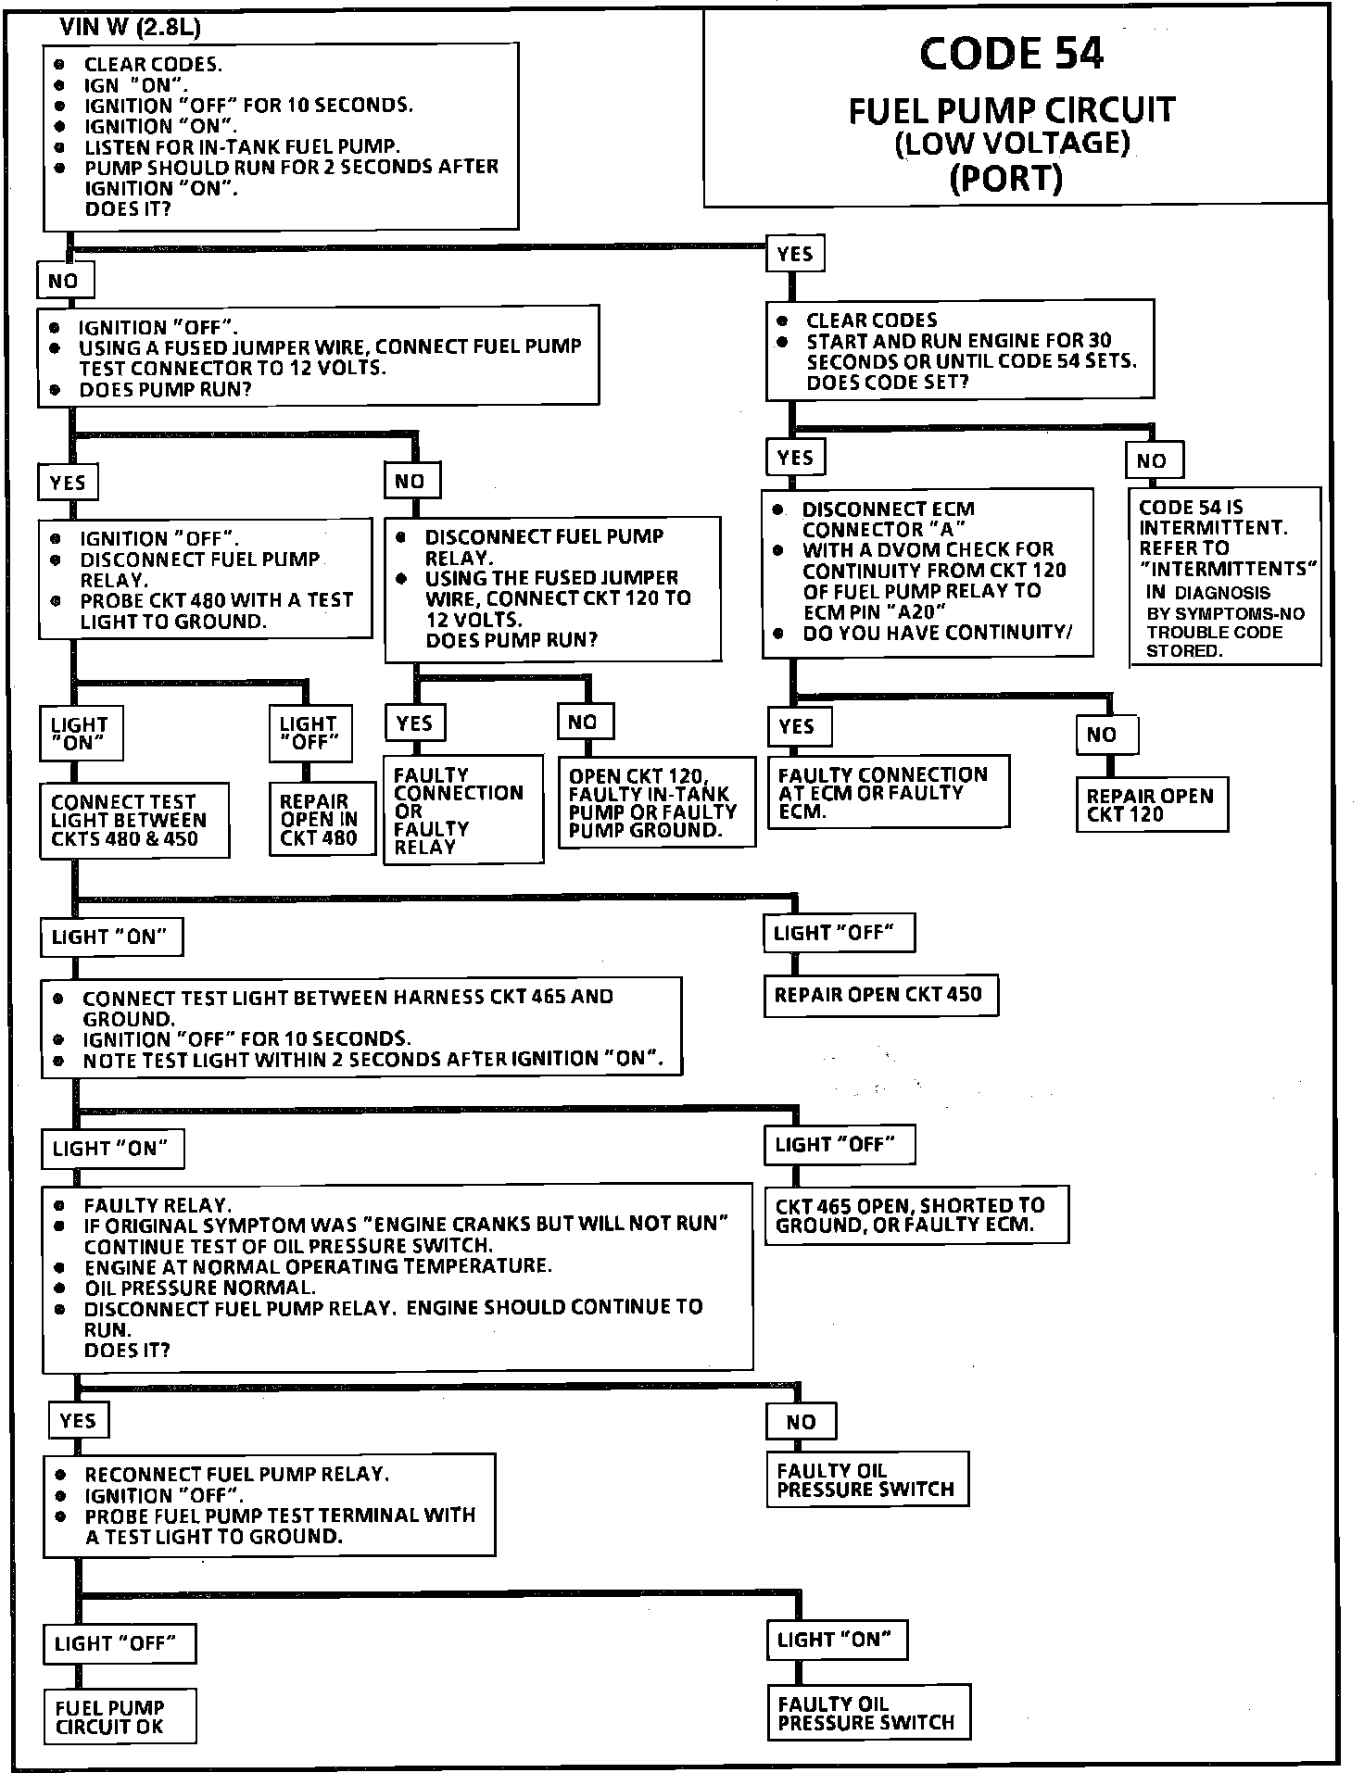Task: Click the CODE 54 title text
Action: (x=1011, y=54)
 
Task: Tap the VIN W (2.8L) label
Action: (x=130, y=28)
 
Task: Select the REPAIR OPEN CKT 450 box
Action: (x=880, y=995)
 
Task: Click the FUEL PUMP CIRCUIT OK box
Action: (x=120, y=1716)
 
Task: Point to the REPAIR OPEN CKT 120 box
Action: (x=1151, y=805)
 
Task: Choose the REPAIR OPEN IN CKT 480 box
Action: (x=318, y=820)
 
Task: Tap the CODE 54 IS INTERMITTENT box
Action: (x=1225, y=576)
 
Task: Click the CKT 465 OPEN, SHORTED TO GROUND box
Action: (x=916, y=1214)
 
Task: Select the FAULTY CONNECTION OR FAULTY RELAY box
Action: (x=462, y=810)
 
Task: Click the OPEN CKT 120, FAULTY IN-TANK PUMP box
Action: (x=655, y=803)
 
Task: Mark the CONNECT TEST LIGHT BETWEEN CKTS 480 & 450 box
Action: (x=133, y=821)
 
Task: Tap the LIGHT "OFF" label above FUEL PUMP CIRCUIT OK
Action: (x=119, y=1643)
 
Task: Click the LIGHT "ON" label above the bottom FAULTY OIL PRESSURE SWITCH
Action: (x=837, y=1640)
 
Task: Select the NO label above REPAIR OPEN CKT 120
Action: (x=1105, y=735)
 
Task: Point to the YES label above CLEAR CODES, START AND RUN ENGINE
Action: (x=795, y=254)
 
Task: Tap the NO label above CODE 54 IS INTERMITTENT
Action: (x=1154, y=460)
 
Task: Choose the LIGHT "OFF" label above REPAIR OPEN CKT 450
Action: (x=838, y=933)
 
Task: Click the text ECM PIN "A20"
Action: (x=873, y=611)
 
